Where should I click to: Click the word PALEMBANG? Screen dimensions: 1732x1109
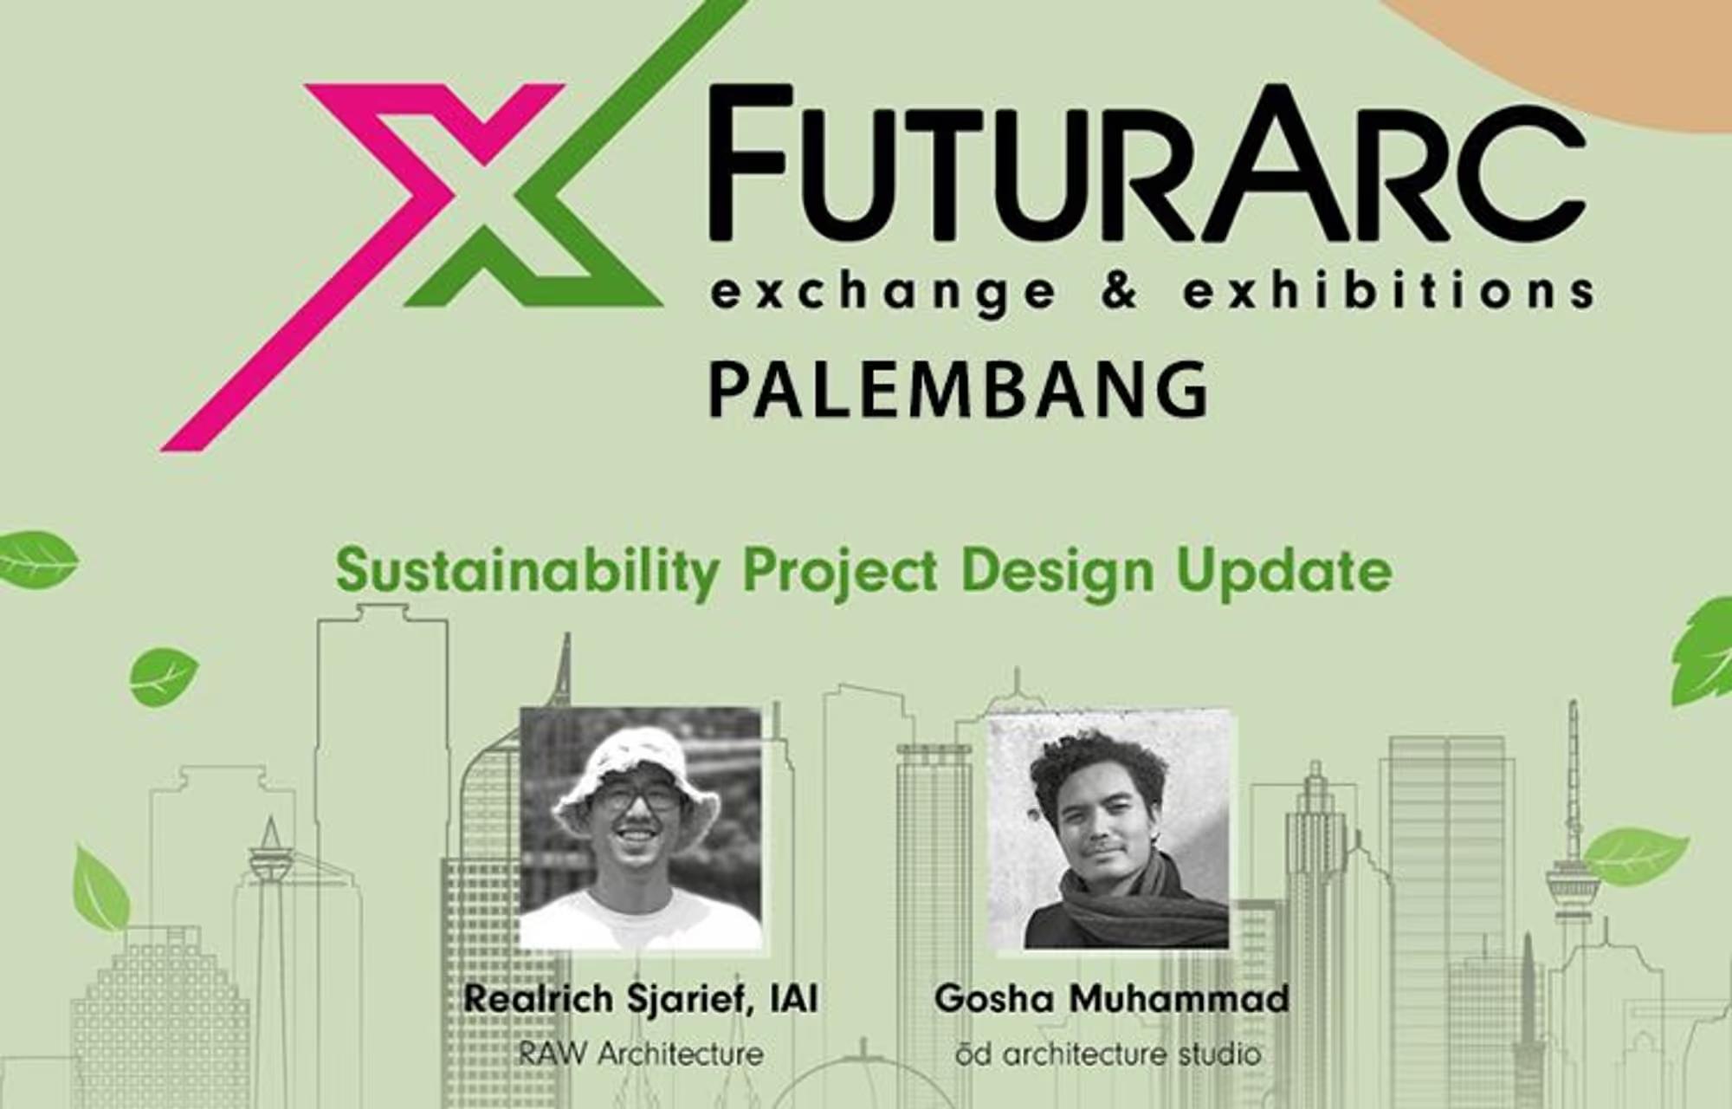point(959,390)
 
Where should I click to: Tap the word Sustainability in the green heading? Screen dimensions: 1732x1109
point(527,572)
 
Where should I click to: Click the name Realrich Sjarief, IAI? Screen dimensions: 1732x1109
point(641,999)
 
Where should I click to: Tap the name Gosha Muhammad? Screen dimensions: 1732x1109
point(1112,998)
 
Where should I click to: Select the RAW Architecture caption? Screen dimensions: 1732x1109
point(641,1054)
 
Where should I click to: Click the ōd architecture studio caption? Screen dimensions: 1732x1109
point(1109,1054)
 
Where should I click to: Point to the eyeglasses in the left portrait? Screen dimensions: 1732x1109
point(641,797)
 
